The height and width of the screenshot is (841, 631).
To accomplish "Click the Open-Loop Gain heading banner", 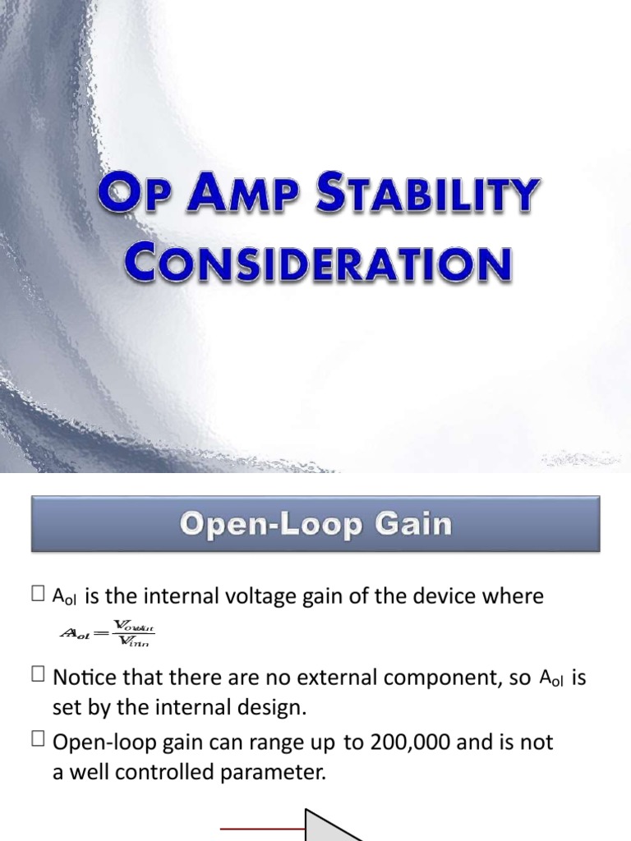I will tap(315, 523).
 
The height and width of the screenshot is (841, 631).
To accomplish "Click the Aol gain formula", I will tap(108, 633).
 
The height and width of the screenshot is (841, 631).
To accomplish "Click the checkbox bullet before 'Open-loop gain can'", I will tap(39, 742).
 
